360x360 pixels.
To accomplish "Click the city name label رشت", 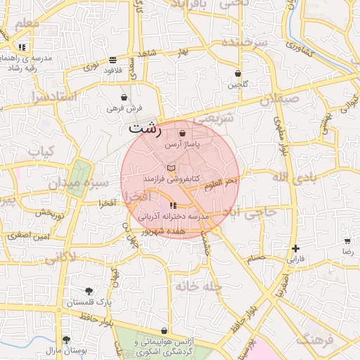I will (145, 129).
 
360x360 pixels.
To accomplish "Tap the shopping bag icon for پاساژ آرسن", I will (183, 133).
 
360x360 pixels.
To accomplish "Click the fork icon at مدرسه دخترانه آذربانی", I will (173, 205).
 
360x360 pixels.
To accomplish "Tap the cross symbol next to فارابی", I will (296, 248).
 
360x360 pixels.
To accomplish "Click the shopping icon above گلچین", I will (238, 73).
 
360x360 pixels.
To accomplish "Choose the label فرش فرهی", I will (125, 108).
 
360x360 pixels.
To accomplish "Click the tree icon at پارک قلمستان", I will (89, 291).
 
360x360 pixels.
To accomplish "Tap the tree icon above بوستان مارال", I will (66, 339).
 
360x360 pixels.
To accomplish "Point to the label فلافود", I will (112, 70).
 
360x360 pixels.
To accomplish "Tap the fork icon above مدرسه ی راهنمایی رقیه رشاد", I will (22, 47).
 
